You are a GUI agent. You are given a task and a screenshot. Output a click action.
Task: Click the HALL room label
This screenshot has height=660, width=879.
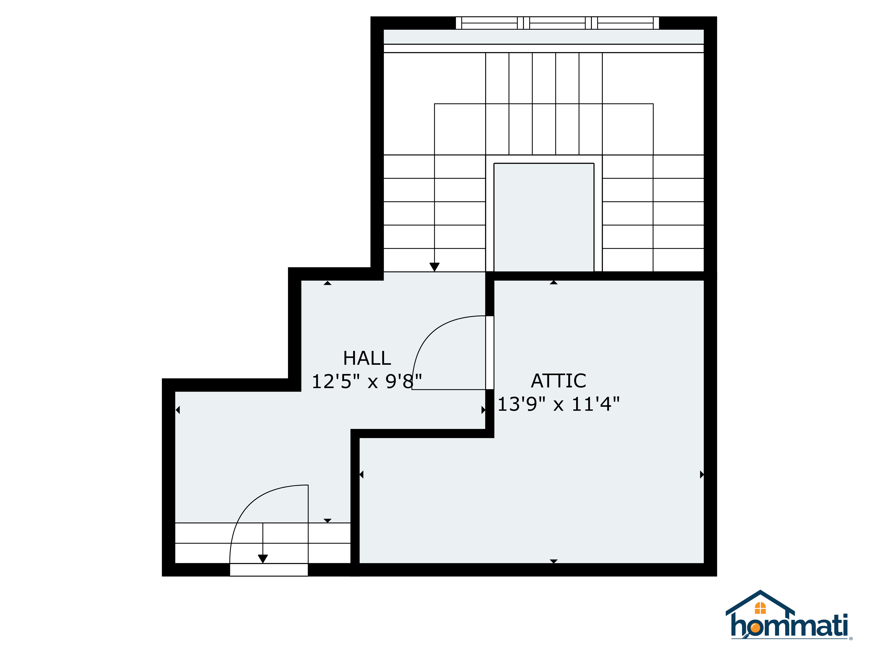[367, 358]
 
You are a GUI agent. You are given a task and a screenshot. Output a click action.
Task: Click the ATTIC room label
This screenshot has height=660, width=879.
[558, 381]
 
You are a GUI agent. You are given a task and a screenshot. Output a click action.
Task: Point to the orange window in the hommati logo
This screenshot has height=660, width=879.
[760, 608]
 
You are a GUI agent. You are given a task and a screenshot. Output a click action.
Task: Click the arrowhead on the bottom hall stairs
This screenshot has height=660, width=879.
[263, 559]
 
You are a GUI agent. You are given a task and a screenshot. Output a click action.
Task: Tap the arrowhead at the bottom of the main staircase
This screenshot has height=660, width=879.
[434, 267]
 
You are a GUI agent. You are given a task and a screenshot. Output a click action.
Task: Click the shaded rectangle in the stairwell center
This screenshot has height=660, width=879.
[544, 217]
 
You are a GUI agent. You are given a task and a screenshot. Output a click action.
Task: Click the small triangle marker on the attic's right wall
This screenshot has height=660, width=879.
[702, 475]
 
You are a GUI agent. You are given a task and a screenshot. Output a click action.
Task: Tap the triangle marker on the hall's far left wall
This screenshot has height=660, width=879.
[178, 410]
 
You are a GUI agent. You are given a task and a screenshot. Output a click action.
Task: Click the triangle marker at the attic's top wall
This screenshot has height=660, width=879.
[554, 282]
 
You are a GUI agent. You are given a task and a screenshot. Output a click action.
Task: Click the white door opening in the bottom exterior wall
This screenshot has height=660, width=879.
[269, 570]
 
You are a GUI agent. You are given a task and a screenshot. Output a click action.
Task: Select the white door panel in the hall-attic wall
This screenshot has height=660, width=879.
[490, 352]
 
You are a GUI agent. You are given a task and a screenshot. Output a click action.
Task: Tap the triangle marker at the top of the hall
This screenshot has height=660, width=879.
[327, 283]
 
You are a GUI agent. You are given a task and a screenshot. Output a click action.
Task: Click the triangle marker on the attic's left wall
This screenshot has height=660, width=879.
[361, 475]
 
